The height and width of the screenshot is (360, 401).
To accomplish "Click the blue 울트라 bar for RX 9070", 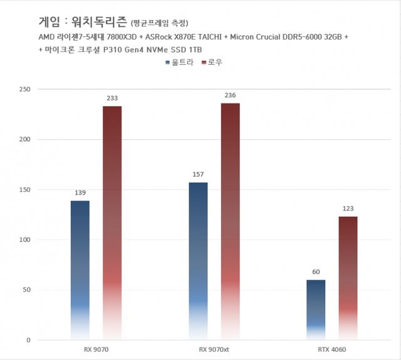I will click(80, 270).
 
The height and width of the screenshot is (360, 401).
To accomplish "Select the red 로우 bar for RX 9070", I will click(112, 223).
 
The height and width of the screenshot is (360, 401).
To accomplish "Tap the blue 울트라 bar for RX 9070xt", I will click(198, 261).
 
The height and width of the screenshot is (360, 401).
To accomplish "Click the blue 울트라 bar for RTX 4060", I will click(316, 310).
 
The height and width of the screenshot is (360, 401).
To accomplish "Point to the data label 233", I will click(112, 98).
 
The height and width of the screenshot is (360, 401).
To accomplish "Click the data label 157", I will click(198, 175).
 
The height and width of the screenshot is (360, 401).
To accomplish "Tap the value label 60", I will click(316, 272).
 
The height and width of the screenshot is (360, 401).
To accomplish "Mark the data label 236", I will click(230, 95).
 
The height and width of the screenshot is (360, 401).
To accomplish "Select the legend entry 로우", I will click(214, 63).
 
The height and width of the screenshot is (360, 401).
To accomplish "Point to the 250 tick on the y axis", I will click(24, 89).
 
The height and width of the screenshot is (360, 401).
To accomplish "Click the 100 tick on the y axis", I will click(24, 240).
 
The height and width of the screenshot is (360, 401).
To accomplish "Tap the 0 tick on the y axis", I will click(28, 340).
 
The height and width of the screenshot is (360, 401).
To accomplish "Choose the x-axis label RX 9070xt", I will click(214, 350).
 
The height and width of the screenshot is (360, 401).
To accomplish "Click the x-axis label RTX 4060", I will click(332, 350).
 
